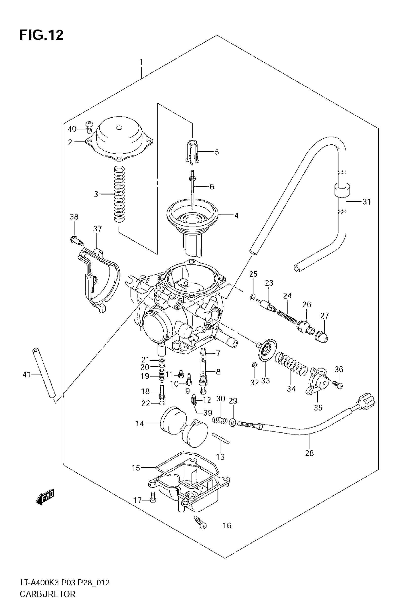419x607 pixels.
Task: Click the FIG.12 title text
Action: coord(41,35)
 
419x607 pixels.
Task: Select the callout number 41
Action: coord(27,375)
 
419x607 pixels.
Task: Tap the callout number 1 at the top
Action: coord(141,62)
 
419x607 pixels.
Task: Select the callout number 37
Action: coord(97,229)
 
